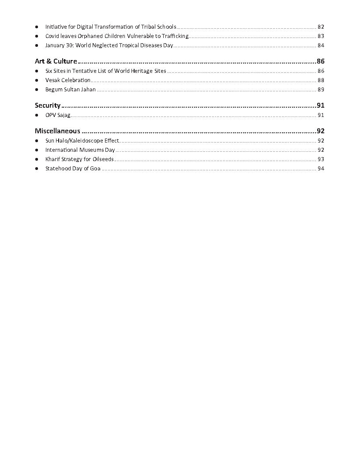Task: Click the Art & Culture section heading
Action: click(x=56, y=61)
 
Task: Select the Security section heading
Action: click(x=48, y=105)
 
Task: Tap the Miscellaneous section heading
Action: click(x=57, y=131)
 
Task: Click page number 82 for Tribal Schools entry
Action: click(x=321, y=27)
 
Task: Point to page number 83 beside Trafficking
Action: click(x=321, y=36)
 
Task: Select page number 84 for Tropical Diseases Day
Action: click(x=321, y=45)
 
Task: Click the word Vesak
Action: click(x=52, y=80)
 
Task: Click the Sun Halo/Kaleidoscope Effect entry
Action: click(x=82, y=141)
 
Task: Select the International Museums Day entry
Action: click(x=80, y=150)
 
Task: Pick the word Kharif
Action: click(x=52, y=159)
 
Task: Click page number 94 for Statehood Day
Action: click(x=321, y=169)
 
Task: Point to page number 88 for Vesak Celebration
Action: click(x=321, y=80)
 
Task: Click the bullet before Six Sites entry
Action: click(x=37, y=71)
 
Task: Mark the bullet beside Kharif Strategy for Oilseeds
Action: click(x=37, y=159)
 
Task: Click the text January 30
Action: click(x=59, y=45)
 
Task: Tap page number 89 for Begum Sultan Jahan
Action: click(x=321, y=90)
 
